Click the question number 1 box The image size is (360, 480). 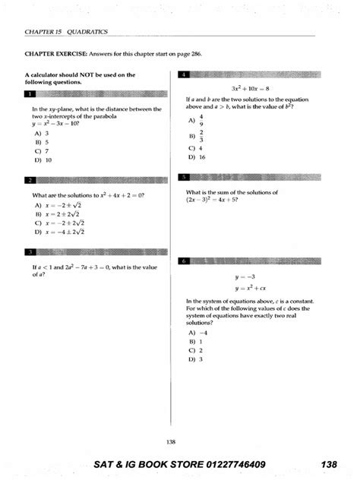coord(30,94)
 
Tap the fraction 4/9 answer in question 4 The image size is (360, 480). coord(201,120)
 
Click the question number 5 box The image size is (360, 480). coord(184,178)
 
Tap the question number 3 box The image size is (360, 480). coord(30,252)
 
